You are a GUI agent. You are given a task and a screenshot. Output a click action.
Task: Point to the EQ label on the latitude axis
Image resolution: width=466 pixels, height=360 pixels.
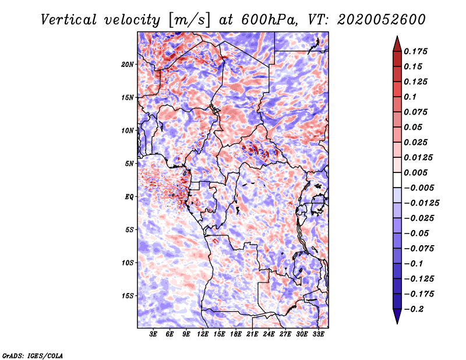pyautogui.click(x=129, y=197)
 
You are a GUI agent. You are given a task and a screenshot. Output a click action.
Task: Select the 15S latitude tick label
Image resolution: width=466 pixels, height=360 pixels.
pyautogui.click(x=128, y=296)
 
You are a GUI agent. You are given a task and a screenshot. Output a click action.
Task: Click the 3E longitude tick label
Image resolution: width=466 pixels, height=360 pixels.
pyautogui.click(x=154, y=334)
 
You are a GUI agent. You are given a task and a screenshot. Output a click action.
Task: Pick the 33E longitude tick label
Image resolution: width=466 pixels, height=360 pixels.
pyautogui.click(x=318, y=334)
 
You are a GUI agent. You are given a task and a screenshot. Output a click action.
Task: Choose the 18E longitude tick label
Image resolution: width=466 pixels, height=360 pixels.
pyautogui.click(x=236, y=334)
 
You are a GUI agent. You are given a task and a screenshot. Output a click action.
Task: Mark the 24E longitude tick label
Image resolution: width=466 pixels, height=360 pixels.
pyautogui.click(x=269, y=334)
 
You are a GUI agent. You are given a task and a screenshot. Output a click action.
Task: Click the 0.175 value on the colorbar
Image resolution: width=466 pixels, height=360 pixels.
pyautogui.click(x=417, y=51)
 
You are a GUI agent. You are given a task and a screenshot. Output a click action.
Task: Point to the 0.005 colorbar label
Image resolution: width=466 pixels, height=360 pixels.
pyautogui.click(x=417, y=173)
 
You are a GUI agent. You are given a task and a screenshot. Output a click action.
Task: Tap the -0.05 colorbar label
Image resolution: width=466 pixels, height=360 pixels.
pyautogui.click(x=416, y=234)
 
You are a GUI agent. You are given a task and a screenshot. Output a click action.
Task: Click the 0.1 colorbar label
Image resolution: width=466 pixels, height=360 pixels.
pyautogui.click(x=411, y=97)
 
